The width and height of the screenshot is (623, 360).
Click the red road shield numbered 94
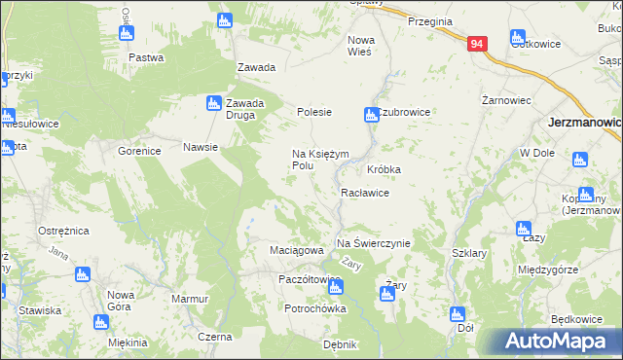tap(476, 44)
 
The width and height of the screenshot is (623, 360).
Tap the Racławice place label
tap(365, 194)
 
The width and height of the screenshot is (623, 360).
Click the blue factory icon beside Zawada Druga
tap(213, 102)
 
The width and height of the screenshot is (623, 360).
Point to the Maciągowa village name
tap(296, 250)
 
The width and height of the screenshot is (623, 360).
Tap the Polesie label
tap(314, 113)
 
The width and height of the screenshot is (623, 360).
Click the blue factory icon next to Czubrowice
tap(370, 115)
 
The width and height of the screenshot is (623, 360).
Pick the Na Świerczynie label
tap(374, 242)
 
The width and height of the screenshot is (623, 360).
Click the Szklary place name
tap(469, 253)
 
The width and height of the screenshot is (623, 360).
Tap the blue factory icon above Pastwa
tap(126, 33)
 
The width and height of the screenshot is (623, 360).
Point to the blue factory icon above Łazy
tap(523, 229)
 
